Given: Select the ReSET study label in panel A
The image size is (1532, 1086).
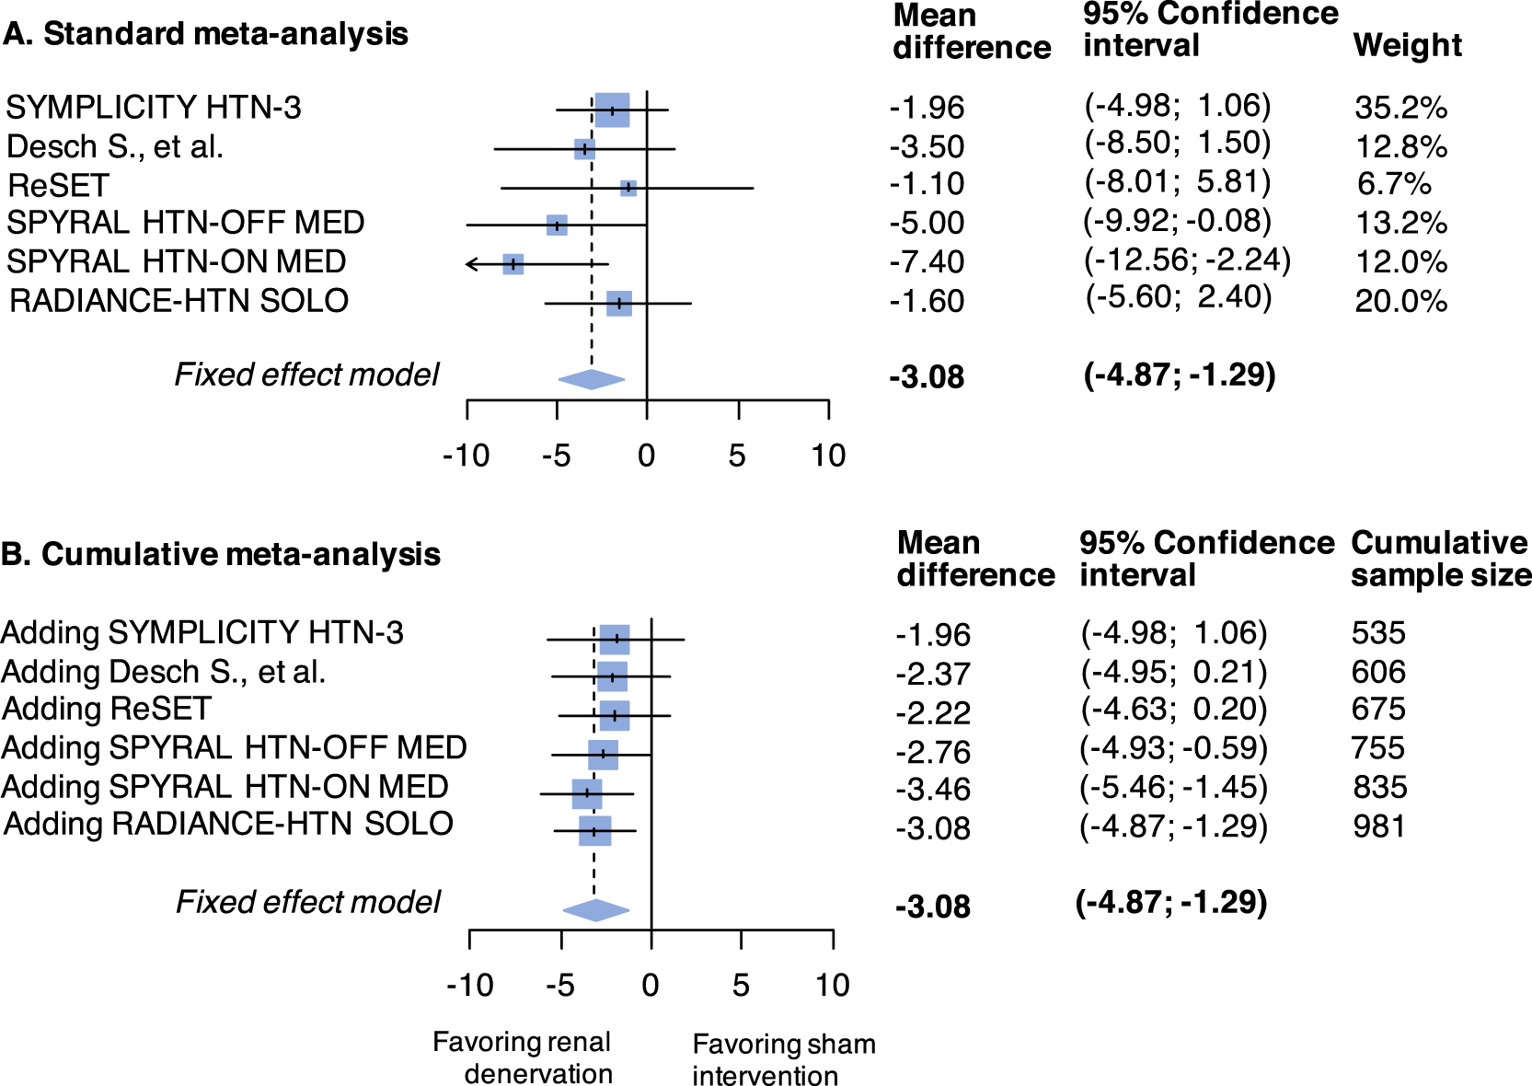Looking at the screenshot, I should click(x=58, y=186).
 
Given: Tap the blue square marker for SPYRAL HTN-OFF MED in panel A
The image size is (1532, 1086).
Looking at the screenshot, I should click(x=557, y=225).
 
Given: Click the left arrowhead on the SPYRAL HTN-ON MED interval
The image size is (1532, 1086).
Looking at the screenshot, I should click(x=470, y=265).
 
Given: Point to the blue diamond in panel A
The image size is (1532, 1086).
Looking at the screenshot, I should click(x=592, y=379).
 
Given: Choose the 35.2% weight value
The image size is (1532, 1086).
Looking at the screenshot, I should click(x=1400, y=109).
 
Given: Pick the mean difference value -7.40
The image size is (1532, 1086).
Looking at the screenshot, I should click(x=927, y=262).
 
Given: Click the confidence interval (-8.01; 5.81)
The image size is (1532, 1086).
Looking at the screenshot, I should click(x=1177, y=182).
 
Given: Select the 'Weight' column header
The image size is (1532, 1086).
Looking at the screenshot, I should click(x=1407, y=45).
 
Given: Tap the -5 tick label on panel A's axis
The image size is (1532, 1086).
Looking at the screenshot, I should click(x=556, y=456).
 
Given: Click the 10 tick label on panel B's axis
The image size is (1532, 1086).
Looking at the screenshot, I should click(x=832, y=986).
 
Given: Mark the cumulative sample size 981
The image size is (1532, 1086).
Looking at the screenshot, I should click(x=1378, y=826).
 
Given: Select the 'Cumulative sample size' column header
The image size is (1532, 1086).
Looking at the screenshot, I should click(x=1441, y=559).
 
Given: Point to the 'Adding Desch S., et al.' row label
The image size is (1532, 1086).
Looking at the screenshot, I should click(x=164, y=672).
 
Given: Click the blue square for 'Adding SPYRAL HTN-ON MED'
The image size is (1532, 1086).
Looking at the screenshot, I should click(x=587, y=793).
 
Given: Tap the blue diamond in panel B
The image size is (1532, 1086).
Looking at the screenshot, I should click(x=596, y=910).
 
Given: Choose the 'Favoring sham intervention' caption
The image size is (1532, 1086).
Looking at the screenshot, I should click(x=783, y=1059).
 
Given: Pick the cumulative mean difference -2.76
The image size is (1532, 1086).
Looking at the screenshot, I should click(x=933, y=752).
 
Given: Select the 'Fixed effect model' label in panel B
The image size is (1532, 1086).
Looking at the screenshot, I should click(x=308, y=902).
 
